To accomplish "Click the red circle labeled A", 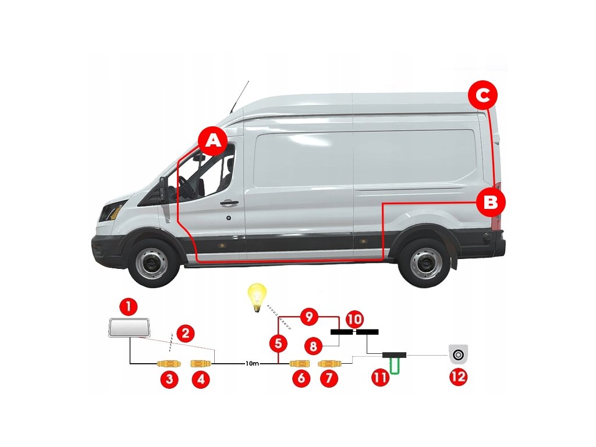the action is (x=212, y=141).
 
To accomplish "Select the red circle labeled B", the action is (x=490, y=202).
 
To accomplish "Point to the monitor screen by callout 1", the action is (x=128, y=328).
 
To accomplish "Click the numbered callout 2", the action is (x=185, y=334).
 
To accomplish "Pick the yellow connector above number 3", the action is (x=169, y=364).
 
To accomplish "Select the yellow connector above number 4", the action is (x=200, y=364).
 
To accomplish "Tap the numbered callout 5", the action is (x=279, y=343).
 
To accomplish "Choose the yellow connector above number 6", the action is (x=301, y=364).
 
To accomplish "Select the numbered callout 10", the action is (x=354, y=319).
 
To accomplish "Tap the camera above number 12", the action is (x=458, y=353).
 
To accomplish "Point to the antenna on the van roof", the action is (x=239, y=96).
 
